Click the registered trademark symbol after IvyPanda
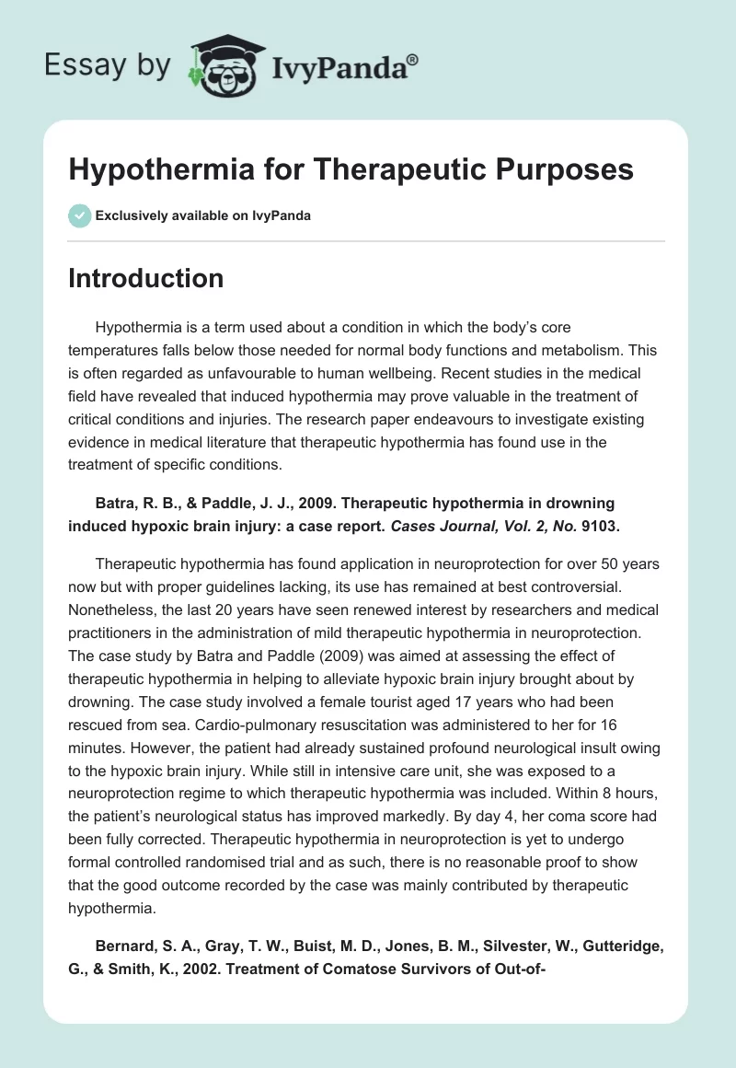(x=413, y=59)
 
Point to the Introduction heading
(x=145, y=278)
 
